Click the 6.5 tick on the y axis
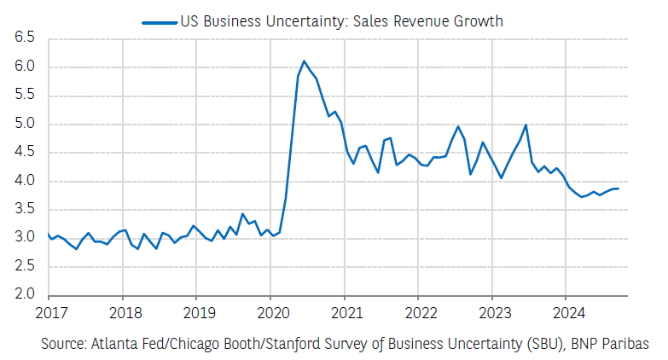[x=24, y=38]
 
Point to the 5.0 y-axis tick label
[x=24, y=124]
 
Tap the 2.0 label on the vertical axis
[x=24, y=295]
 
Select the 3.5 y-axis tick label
[x=24, y=209]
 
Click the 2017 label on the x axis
[x=49, y=312]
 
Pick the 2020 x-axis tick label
[x=270, y=312]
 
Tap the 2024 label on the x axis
[x=566, y=312]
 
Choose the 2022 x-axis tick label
[x=418, y=312]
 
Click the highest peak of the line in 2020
[x=304, y=61]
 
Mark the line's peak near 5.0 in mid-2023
[x=526, y=125]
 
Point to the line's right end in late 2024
[x=619, y=189]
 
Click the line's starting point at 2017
[x=49, y=234]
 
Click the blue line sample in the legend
[x=160, y=20]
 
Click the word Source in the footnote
[x=64, y=343]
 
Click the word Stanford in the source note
[x=274, y=343]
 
